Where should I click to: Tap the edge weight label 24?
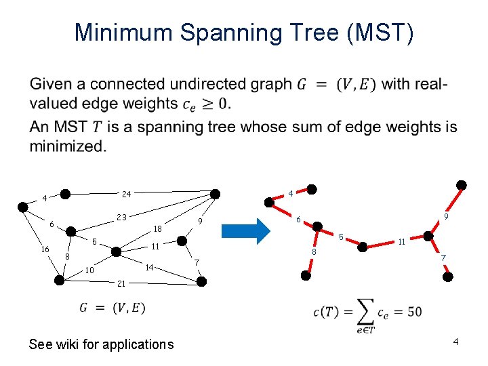[x=126, y=195]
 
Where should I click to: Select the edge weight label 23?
[x=121, y=218]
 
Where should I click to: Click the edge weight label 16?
[x=45, y=249]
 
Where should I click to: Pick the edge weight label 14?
[x=150, y=267]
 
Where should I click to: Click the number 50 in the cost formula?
[x=415, y=312]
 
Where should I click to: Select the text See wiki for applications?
[x=101, y=344]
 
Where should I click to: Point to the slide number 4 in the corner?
[x=456, y=341]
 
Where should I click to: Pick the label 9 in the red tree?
[x=446, y=217]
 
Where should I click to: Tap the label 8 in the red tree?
[x=314, y=252]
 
